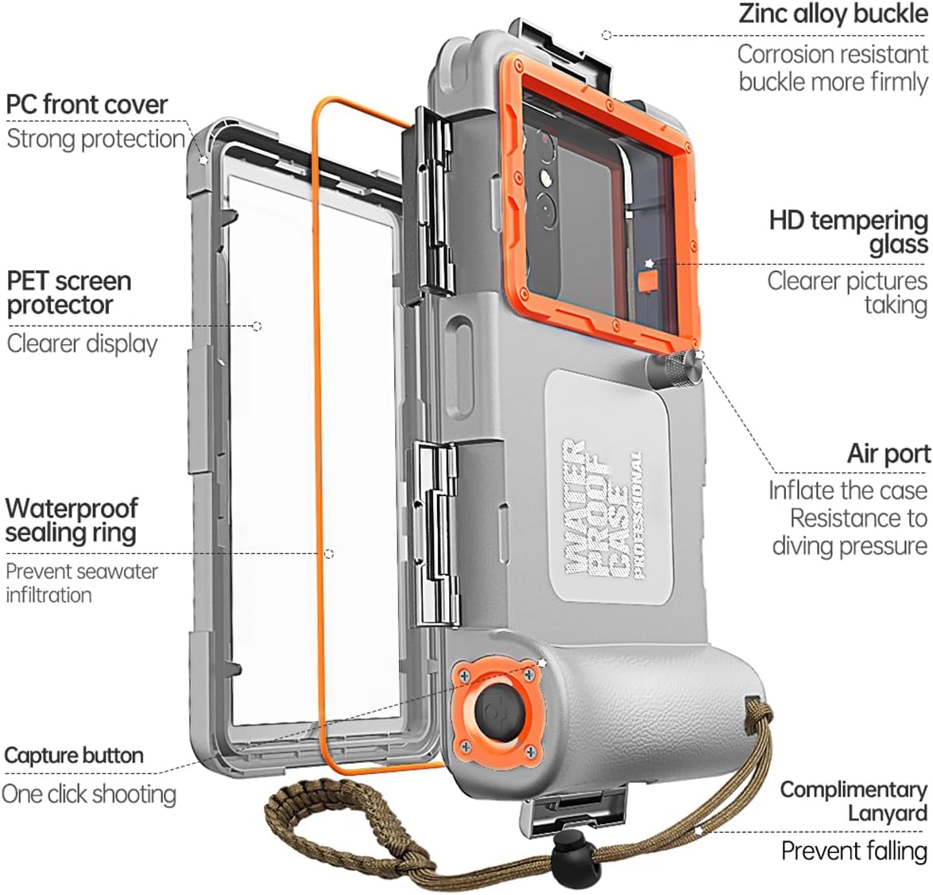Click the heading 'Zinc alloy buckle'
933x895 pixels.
tap(833, 15)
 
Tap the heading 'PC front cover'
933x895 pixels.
tap(87, 104)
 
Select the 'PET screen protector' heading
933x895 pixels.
tap(68, 293)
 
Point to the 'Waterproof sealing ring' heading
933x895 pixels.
tap(72, 520)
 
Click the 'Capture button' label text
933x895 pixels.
tap(74, 755)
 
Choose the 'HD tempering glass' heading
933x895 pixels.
tap(849, 231)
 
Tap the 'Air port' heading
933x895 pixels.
tap(888, 454)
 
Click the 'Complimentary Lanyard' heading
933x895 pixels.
tap(854, 801)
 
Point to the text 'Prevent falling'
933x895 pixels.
tap(854, 850)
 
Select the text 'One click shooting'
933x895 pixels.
tap(89, 793)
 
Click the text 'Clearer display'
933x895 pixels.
tap(83, 343)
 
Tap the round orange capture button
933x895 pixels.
tap(497, 710)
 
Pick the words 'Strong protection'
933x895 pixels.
tap(95, 139)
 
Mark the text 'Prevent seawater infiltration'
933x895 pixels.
tap(81, 583)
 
